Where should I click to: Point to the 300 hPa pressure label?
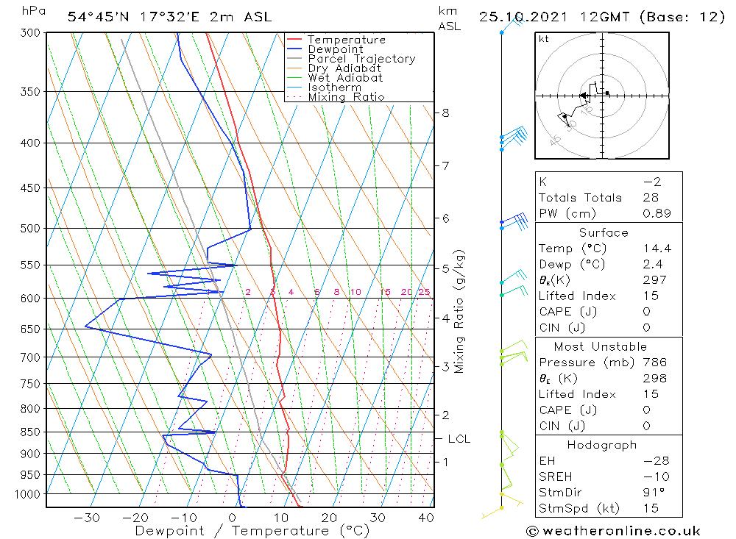32,33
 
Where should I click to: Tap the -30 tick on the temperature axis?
88,518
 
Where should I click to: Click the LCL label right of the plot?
459,439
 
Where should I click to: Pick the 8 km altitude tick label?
445,113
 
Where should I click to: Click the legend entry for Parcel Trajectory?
361,59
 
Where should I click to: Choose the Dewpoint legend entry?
335,49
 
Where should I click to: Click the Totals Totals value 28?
649,197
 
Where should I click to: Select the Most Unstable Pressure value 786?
654,362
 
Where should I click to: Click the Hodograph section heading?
603,445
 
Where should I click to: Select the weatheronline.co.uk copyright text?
613,531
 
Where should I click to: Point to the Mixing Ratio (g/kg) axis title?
460,311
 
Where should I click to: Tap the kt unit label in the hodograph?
543,38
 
